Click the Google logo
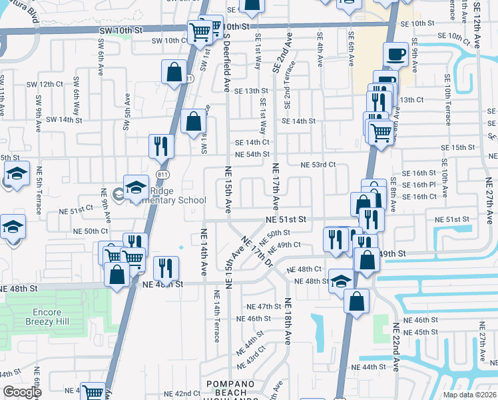point(22,392)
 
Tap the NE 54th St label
point(252,154)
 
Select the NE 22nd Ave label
point(395,347)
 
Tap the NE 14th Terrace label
point(217,316)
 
